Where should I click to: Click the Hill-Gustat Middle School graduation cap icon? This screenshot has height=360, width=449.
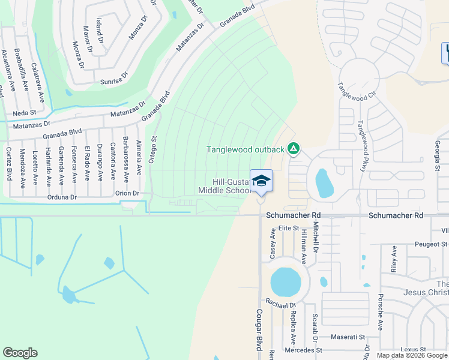[x=261, y=180]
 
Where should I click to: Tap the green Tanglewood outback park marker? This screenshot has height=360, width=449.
[x=294, y=148]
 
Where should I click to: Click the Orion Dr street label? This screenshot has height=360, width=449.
[x=127, y=193]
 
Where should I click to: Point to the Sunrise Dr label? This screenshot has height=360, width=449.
[x=114, y=76]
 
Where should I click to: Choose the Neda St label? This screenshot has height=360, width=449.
[x=25, y=112]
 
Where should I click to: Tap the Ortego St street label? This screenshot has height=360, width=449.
[x=152, y=147]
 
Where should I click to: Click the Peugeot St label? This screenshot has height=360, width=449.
[x=431, y=244]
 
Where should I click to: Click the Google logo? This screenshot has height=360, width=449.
[x=20, y=353]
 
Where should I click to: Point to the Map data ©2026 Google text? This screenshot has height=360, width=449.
[x=412, y=355]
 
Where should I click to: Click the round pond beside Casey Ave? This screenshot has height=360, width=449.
[x=285, y=281]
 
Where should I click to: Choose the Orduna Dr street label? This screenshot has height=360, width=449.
[x=62, y=197]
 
